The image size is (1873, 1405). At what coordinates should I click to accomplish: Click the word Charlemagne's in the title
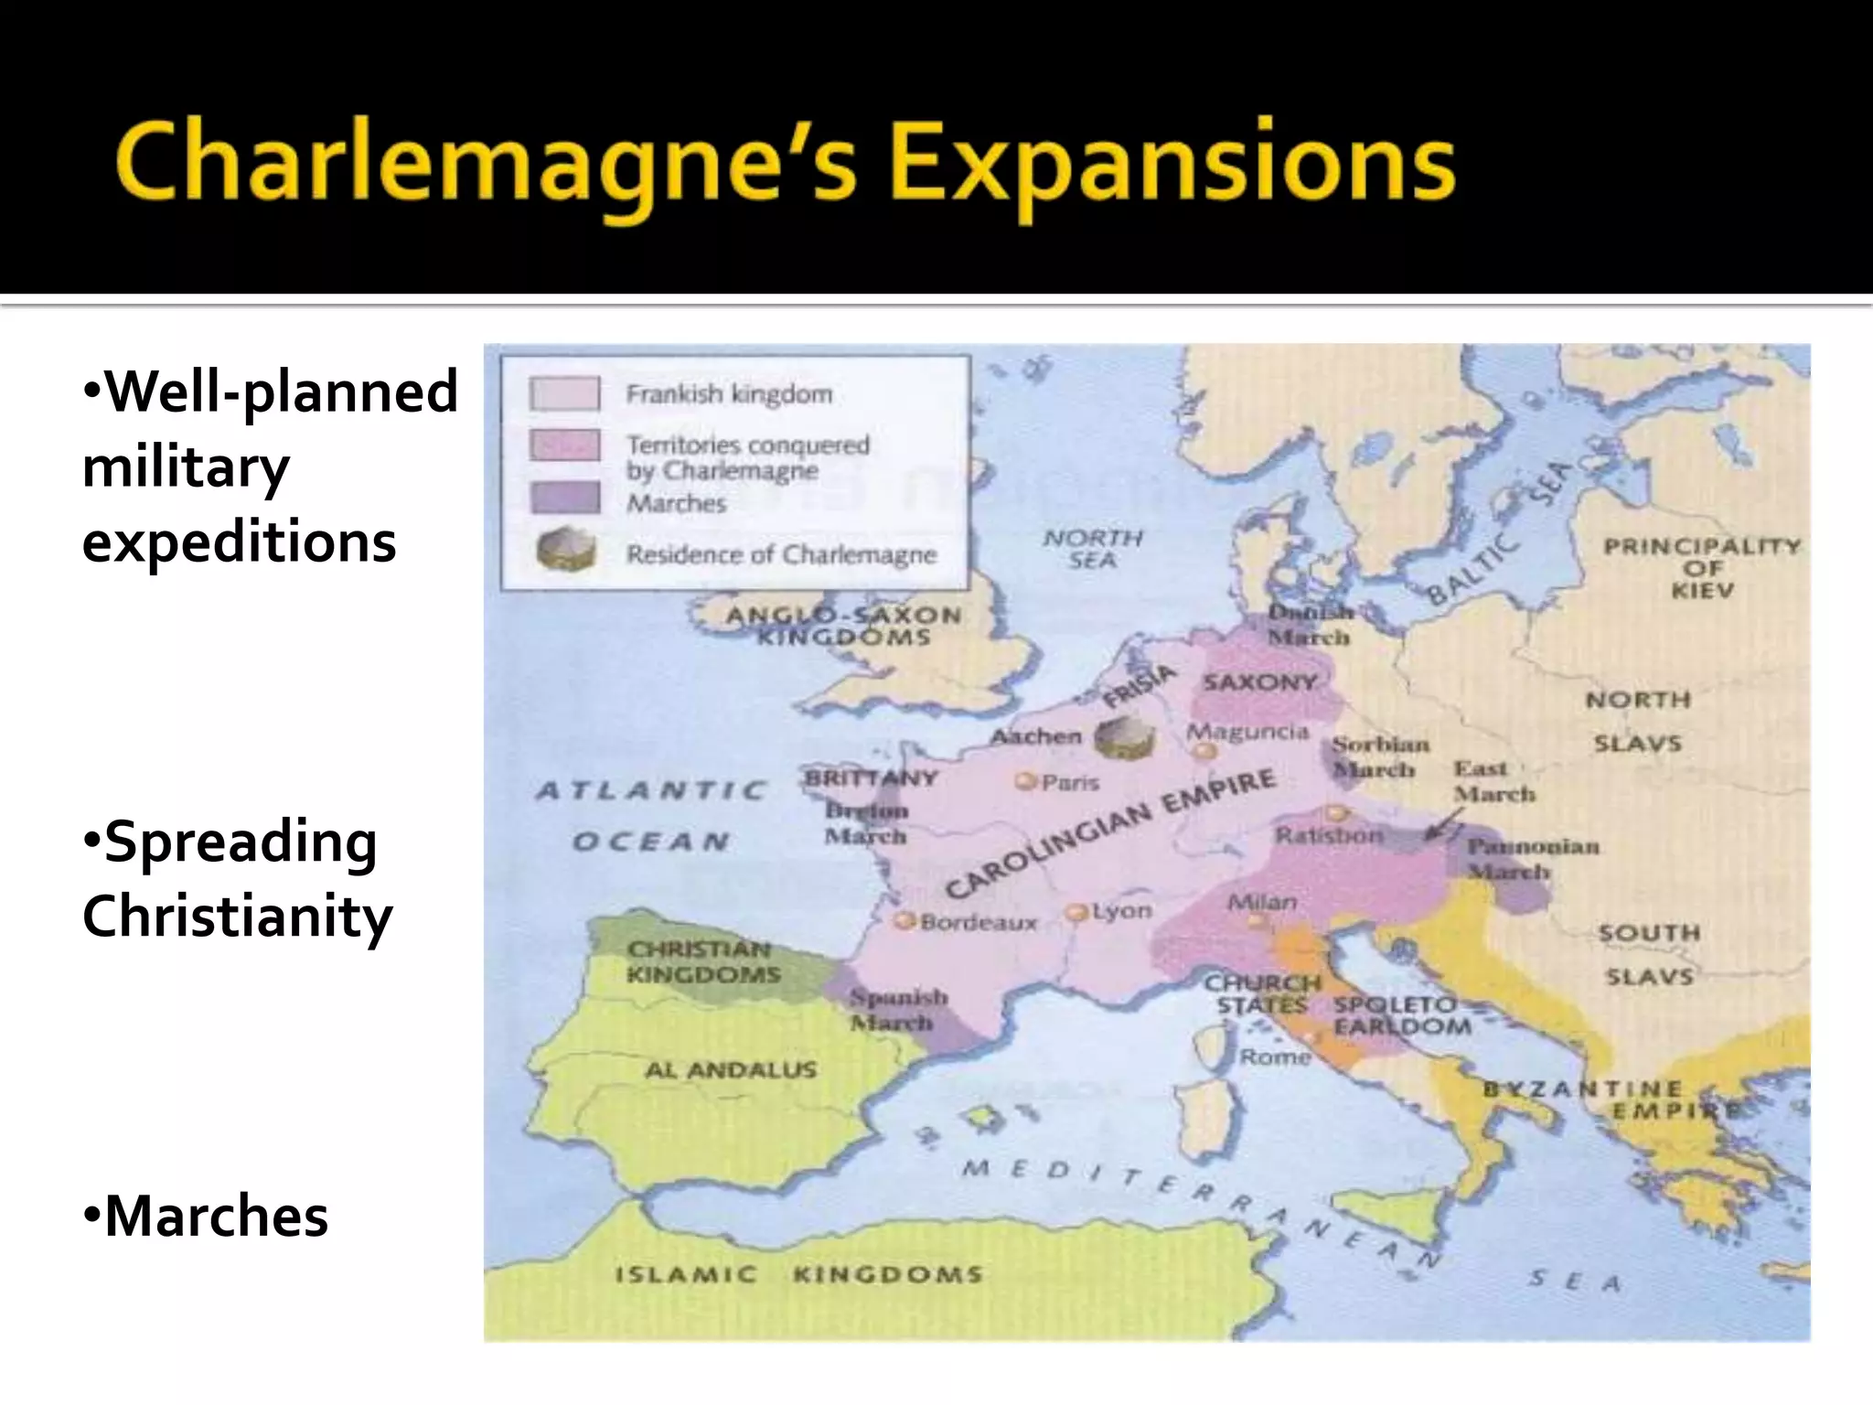(485, 165)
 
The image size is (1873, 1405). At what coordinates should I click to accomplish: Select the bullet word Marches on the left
(216, 1217)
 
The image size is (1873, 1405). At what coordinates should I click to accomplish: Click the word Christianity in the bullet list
(238, 916)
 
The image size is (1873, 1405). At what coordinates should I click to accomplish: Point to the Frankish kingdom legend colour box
(564, 394)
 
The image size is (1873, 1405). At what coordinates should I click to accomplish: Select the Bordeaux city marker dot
(904, 920)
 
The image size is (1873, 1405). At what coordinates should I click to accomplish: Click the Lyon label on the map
(1121, 912)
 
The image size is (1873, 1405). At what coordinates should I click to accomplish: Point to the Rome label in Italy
(1275, 1057)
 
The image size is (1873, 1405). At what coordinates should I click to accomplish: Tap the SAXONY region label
(1259, 682)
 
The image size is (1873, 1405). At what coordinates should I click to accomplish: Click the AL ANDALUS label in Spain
(731, 1069)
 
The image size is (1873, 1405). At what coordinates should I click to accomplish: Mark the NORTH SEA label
(1093, 549)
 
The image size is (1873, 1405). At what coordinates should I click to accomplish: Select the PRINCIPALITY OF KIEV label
(1701, 568)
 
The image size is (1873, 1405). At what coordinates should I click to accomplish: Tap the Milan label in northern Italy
(1261, 902)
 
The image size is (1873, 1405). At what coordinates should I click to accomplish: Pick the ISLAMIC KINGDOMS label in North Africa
(797, 1274)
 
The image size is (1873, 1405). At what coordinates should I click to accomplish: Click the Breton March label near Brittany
(865, 823)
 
